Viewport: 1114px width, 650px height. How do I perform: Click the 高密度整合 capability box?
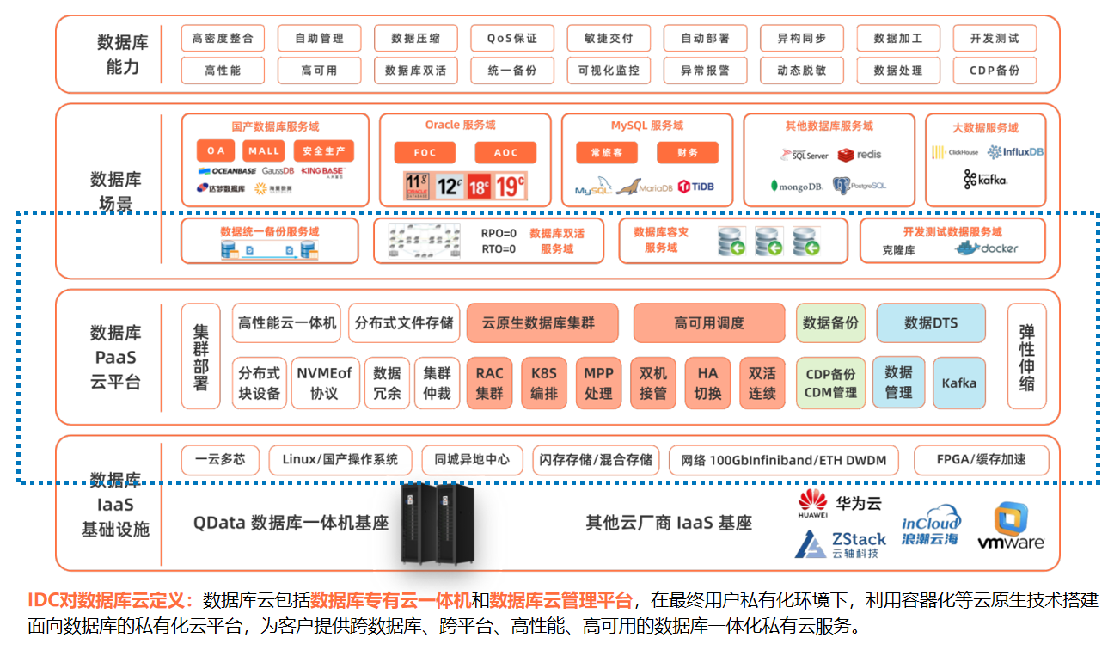(223, 39)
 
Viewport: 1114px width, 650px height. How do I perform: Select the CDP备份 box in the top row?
(994, 71)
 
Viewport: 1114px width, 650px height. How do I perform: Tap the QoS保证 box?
(511, 39)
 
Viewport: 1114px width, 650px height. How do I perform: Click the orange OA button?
(216, 151)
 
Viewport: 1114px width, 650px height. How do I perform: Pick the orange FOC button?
(425, 153)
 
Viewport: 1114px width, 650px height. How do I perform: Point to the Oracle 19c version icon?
(510, 185)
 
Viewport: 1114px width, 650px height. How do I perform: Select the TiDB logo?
(696, 187)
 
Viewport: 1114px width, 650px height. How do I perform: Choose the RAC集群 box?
(489, 383)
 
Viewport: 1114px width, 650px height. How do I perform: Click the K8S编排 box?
(544, 383)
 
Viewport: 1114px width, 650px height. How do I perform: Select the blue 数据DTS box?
(931, 323)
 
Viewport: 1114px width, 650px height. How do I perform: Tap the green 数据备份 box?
(830, 323)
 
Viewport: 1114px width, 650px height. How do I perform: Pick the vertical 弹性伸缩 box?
(1026, 356)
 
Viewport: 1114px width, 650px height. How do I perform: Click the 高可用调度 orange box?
(709, 323)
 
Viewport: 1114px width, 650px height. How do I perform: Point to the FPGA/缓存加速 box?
(981, 460)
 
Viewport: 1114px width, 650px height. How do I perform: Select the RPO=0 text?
(499, 233)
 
